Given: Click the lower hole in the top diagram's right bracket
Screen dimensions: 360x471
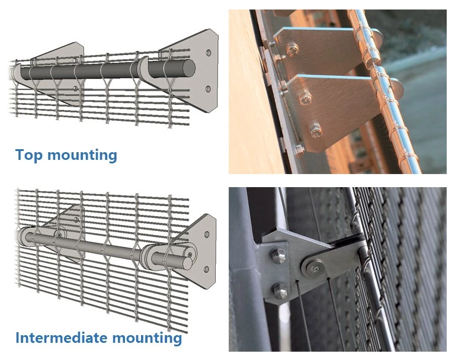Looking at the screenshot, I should pyautogui.click(x=208, y=89).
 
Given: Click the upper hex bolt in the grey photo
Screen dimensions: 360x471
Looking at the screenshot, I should pyautogui.click(x=278, y=257).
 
